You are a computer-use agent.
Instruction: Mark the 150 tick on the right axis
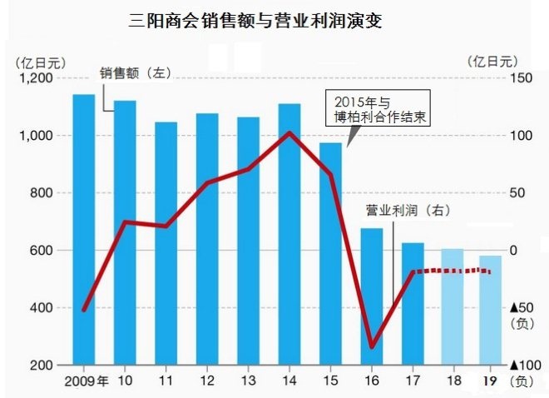[x=520, y=78]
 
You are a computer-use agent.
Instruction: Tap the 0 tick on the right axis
[x=513, y=251]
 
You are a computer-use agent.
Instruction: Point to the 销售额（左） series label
[x=136, y=72]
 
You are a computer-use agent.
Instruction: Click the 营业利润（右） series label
[x=408, y=211]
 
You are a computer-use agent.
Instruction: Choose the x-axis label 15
[x=330, y=381]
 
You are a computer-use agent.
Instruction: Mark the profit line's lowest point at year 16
[x=372, y=347]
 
